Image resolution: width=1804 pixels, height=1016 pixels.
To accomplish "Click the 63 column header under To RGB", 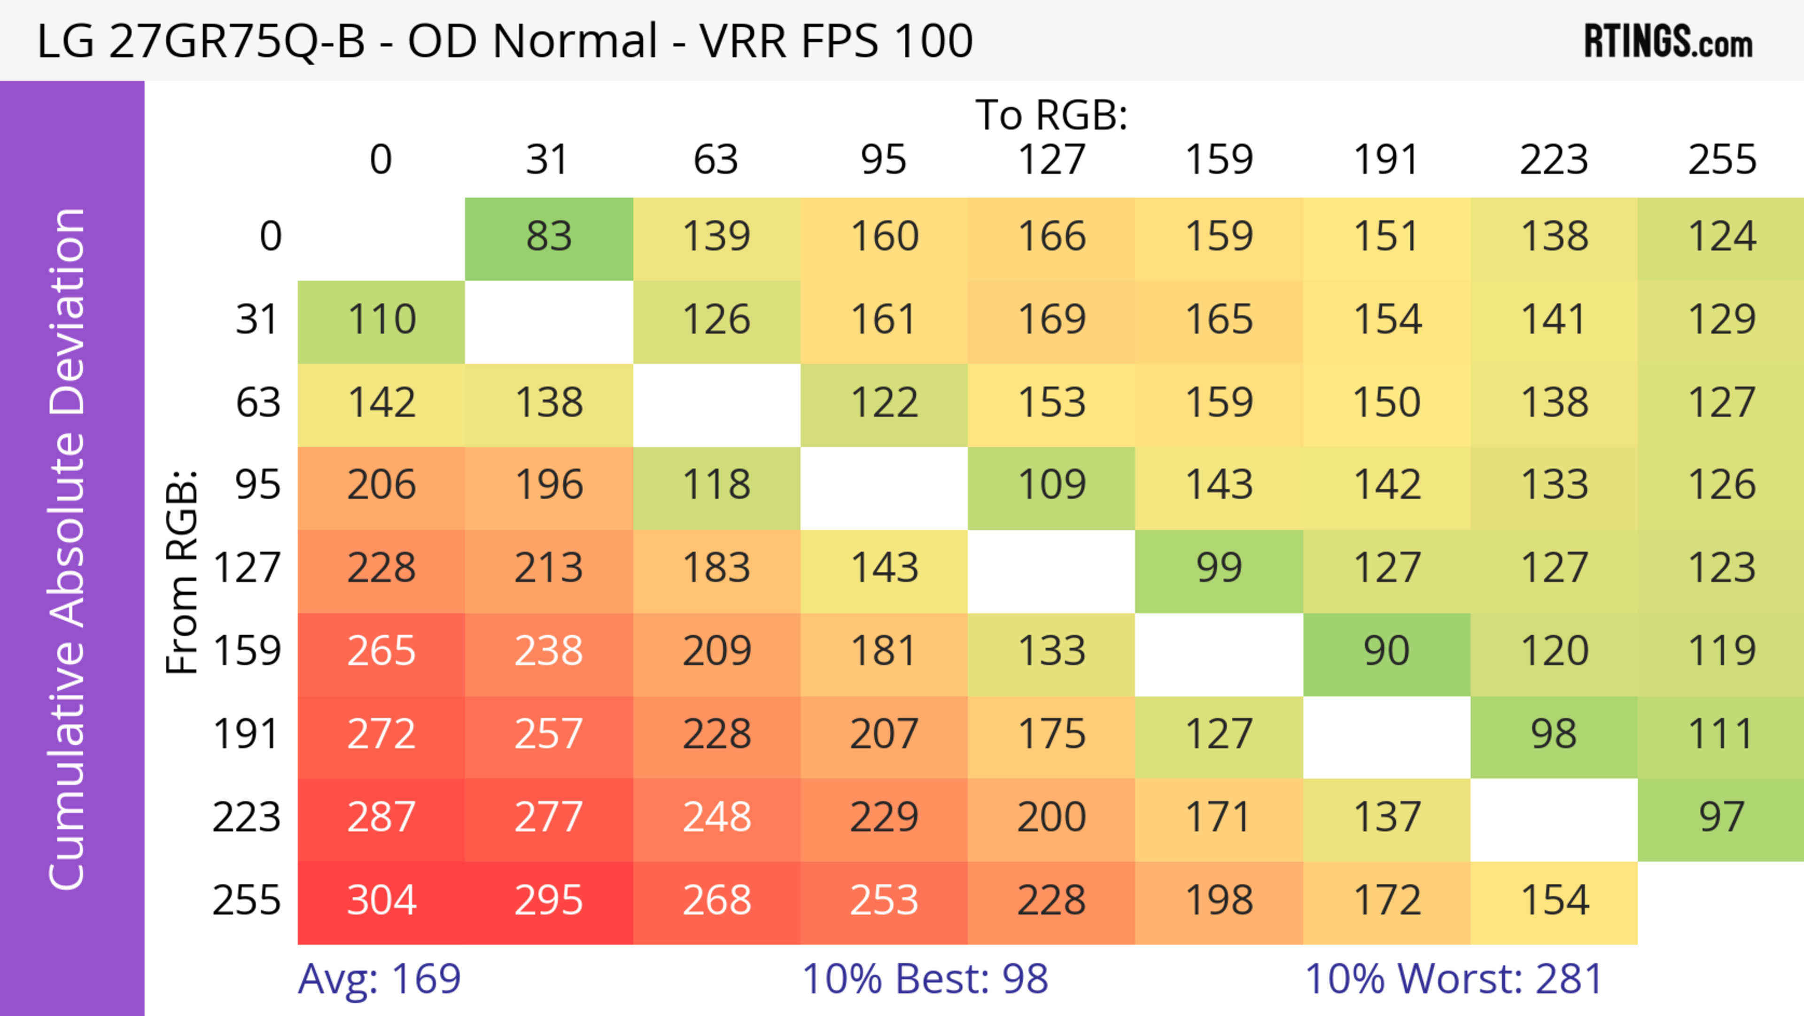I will (715, 160).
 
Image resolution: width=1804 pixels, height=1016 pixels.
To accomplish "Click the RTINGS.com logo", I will (1668, 42).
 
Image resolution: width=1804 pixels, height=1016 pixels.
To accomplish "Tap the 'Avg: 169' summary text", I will (379, 979).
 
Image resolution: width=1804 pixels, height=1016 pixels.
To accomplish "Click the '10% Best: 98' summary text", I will (925, 979).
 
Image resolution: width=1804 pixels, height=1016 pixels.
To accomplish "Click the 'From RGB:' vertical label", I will (182, 571).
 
